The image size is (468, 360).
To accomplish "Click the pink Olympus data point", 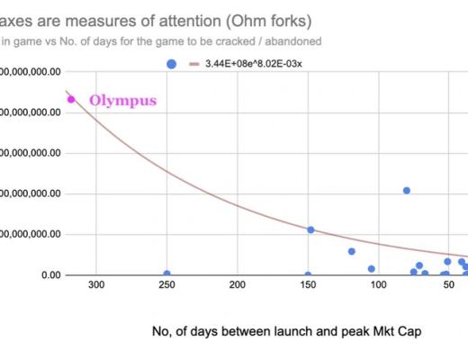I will tap(71, 99).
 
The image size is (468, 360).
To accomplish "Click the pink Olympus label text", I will tap(121, 100).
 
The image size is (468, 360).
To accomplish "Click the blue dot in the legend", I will tap(172, 64).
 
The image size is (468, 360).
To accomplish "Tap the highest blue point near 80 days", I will tap(407, 190).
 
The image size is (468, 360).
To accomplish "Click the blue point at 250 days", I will tap(166, 274).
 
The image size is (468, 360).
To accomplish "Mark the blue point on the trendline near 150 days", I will tap(310, 229).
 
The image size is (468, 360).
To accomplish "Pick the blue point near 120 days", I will tap(352, 251).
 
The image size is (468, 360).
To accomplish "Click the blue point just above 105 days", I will tap(372, 268).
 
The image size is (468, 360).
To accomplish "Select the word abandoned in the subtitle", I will tap(292, 40).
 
